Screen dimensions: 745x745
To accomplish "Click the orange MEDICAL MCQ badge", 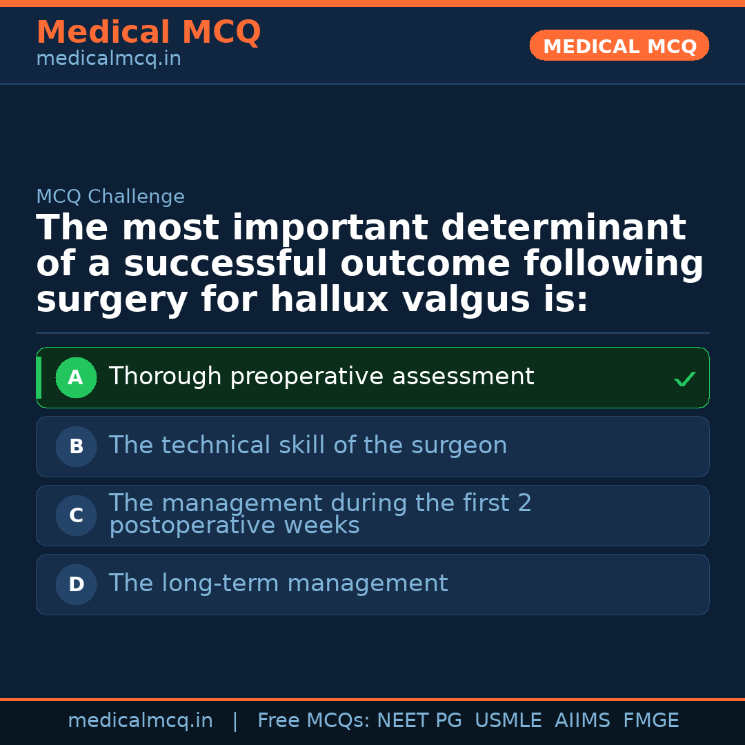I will [x=619, y=46].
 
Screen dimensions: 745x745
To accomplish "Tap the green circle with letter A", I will [x=76, y=377].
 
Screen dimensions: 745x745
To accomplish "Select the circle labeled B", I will [x=76, y=446].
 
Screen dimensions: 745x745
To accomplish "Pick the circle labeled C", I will [x=76, y=515].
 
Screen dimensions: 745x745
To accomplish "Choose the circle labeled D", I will [x=76, y=584].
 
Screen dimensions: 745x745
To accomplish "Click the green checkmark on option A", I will [x=684, y=379].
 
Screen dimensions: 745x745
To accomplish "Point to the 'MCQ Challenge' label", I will [x=110, y=197].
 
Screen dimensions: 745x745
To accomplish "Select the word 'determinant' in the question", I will [x=564, y=228].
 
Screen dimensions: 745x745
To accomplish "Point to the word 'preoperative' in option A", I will [x=307, y=377].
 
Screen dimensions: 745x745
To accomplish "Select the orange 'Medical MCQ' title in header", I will [x=148, y=32].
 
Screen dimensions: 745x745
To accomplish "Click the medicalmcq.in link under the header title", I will [x=108, y=59].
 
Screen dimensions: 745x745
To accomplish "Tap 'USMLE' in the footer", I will [x=508, y=721].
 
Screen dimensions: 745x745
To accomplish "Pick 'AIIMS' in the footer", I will [x=582, y=721].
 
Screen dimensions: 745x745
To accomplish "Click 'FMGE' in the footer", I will [x=650, y=721].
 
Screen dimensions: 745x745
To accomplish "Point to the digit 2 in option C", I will [x=524, y=504].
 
